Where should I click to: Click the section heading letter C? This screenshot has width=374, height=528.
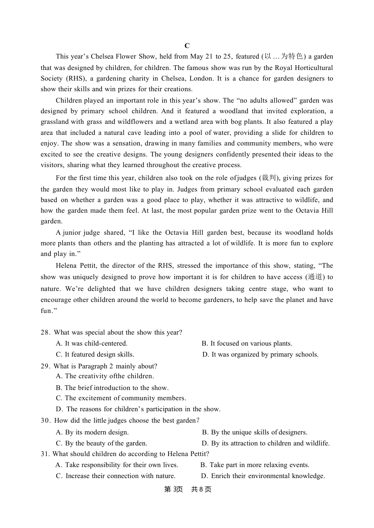click(187, 46)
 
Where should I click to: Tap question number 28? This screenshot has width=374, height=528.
click(45, 333)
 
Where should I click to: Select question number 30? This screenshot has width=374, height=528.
click(45, 421)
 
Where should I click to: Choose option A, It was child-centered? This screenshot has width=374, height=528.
click(92, 344)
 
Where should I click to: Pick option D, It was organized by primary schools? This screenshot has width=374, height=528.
click(260, 355)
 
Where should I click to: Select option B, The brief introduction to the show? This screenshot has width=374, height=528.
click(112, 388)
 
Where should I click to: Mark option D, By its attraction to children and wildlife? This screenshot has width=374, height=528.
click(266, 443)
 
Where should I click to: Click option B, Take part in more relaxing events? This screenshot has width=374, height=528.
click(255, 465)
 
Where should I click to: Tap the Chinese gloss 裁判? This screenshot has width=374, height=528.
click(269, 178)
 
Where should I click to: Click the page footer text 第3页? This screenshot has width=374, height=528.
click(173, 489)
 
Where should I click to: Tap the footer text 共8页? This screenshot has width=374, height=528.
click(201, 489)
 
